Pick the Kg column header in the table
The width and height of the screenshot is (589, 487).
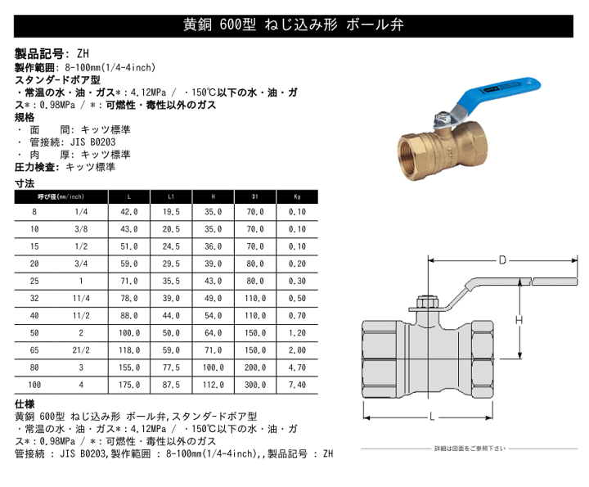tap(297, 196)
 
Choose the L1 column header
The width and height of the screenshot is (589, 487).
tap(172, 196)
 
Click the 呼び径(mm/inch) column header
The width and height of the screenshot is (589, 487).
tap(61, 196)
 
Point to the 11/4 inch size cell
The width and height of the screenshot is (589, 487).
tap(81, 298)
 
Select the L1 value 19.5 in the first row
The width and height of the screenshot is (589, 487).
tap(172, 211)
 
